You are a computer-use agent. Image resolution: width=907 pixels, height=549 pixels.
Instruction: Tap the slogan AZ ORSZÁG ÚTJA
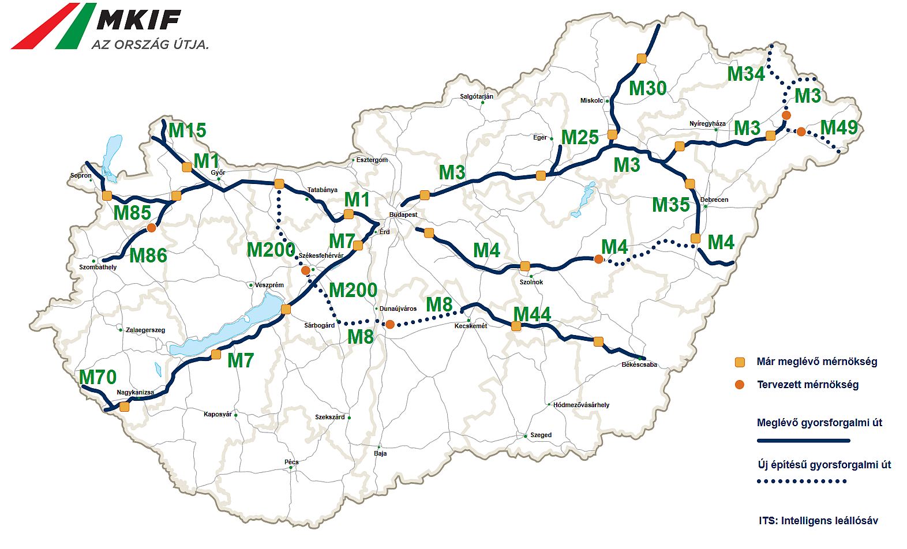(x=150, y=44)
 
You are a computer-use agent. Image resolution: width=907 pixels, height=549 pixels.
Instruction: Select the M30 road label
(x=647, y=88)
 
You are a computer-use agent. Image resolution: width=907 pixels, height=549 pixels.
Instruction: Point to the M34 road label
(x=745, y=74)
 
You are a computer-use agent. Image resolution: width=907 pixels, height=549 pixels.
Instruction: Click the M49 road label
(x=839, y=127)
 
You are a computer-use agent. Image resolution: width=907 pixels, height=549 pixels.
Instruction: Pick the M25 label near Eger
(x=580, y=137)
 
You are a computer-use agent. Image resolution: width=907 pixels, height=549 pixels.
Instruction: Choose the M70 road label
(x=98, y=377)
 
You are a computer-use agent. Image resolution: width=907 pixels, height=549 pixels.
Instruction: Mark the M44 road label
(x=532, y=314)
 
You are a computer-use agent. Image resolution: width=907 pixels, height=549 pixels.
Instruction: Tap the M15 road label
(x=188, y=131)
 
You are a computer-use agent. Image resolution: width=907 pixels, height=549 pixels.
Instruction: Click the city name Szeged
(x=541, y=435)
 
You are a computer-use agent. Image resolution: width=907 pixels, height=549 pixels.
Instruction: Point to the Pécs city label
(x=291, y=462)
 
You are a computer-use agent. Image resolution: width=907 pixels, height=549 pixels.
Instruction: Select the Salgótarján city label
(x=477, y=96)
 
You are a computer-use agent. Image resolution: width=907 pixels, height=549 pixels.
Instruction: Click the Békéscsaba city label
(x=639, y=364)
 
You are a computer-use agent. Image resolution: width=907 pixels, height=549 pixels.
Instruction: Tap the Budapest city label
(x=403, y=215)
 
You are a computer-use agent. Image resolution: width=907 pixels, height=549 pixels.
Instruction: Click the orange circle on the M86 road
(x=151, y=228)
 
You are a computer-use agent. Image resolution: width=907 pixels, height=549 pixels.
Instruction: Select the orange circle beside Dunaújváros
(x=390, y=325)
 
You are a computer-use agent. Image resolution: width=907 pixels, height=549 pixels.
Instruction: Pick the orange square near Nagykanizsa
(x=124, y=407)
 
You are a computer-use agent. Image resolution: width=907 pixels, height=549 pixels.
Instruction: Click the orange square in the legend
(x=740, y=362)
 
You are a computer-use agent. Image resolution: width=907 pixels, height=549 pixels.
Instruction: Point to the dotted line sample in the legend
(x=802, y=481)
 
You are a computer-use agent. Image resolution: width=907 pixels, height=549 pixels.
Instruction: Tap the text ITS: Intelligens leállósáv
(x=818, y=521)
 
